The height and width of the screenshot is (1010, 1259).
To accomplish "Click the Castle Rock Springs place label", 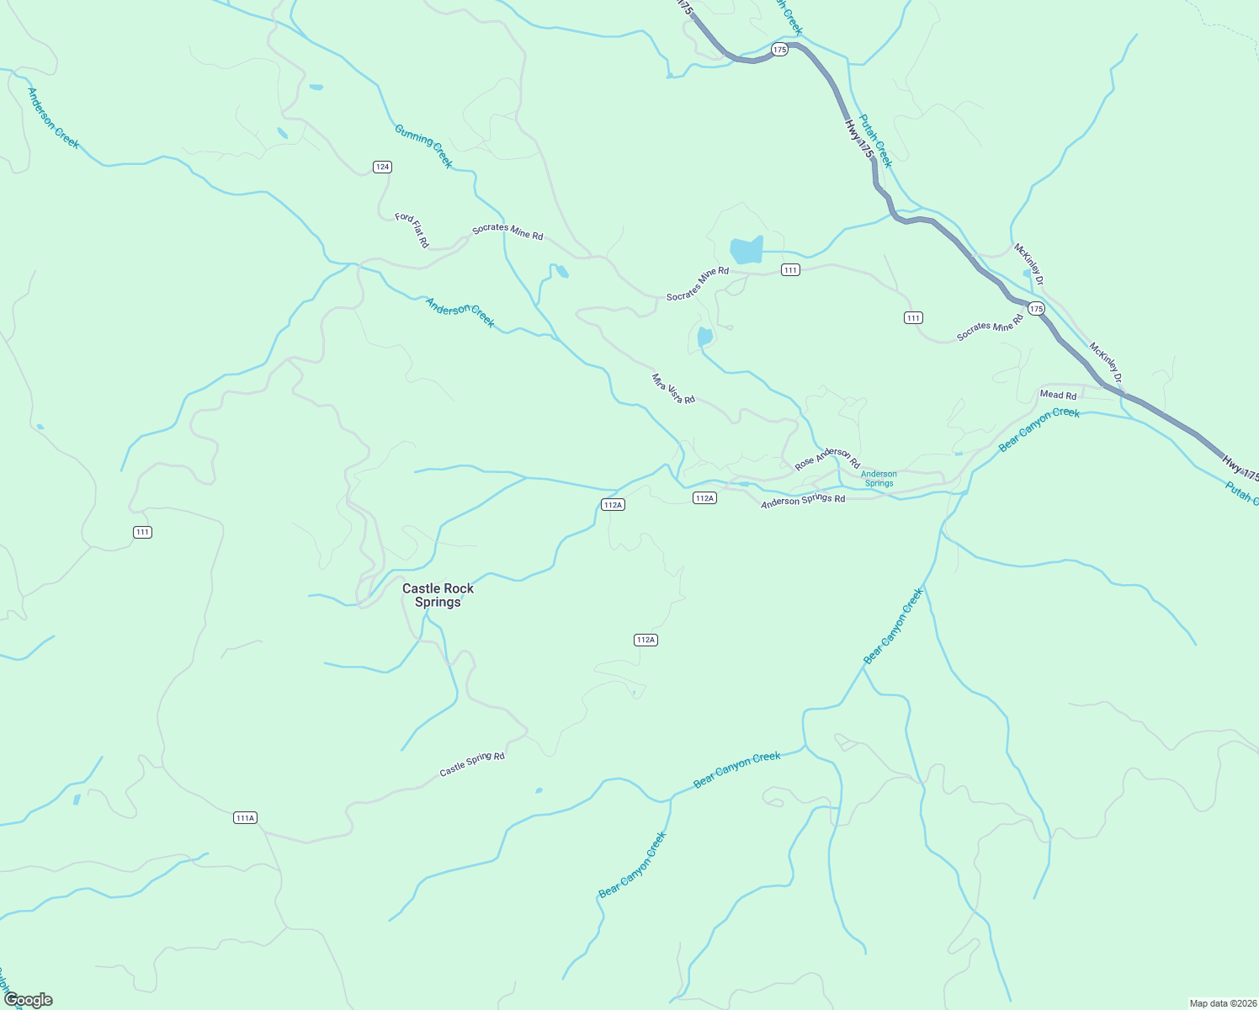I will pos(438,595).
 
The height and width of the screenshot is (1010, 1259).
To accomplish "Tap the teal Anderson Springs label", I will pos(879,479).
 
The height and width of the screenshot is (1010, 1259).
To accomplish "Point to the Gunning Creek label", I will pos(423,146).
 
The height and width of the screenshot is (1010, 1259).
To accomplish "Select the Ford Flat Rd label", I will pos(412,230).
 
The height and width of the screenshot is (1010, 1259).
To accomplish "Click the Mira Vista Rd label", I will pos(673,389).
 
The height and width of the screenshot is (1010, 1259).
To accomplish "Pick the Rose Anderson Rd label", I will pos(827,459).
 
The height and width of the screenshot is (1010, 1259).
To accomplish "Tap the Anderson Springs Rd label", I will pos(803,501).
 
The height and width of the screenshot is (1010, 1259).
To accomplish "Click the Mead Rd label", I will pos(1058,395).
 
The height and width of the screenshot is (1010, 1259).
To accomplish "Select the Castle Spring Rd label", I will pos(472,764).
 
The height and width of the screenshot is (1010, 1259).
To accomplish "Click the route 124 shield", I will pos(382,167).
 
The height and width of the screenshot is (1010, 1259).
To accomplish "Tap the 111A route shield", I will pos(245,817).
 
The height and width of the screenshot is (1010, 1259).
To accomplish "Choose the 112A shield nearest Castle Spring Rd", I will pos(645,640).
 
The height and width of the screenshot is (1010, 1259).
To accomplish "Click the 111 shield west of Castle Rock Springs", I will pos(142,532).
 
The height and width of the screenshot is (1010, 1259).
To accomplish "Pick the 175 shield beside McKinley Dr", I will pos(1036,309).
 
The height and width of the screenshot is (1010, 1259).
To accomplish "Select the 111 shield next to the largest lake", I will pos(790,269).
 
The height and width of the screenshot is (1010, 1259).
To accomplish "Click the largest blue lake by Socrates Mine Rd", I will pos(746,250).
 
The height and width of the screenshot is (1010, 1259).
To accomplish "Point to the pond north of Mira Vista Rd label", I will pos(704,338).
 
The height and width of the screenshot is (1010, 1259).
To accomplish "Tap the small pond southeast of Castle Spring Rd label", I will pos(539,790).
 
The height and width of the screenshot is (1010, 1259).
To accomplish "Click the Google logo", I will pos(29,1000).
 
